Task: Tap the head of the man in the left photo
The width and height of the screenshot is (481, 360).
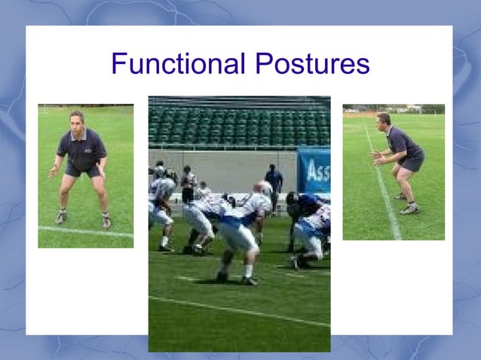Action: coord(77,120)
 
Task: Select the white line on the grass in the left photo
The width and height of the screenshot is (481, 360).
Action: coord(83,231)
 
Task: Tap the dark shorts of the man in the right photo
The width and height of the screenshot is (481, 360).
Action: coord(410,162)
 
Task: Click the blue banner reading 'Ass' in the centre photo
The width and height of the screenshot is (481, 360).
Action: coord(314,170)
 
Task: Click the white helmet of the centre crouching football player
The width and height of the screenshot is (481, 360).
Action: coord(263,188)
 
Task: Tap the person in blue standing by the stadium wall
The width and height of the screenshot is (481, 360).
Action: coord(274,181)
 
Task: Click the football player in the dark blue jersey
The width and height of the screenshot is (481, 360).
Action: coord(303,207)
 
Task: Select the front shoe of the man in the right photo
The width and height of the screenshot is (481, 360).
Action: coord(409,210)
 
